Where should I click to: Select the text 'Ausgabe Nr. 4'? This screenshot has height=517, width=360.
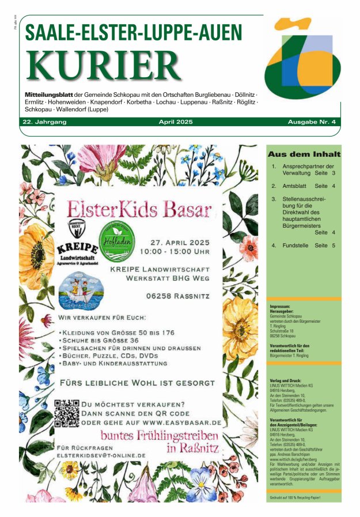point(315,122)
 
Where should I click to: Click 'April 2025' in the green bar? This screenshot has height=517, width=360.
point(176,122)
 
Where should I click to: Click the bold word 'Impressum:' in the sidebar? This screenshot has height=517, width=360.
point(281,306)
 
